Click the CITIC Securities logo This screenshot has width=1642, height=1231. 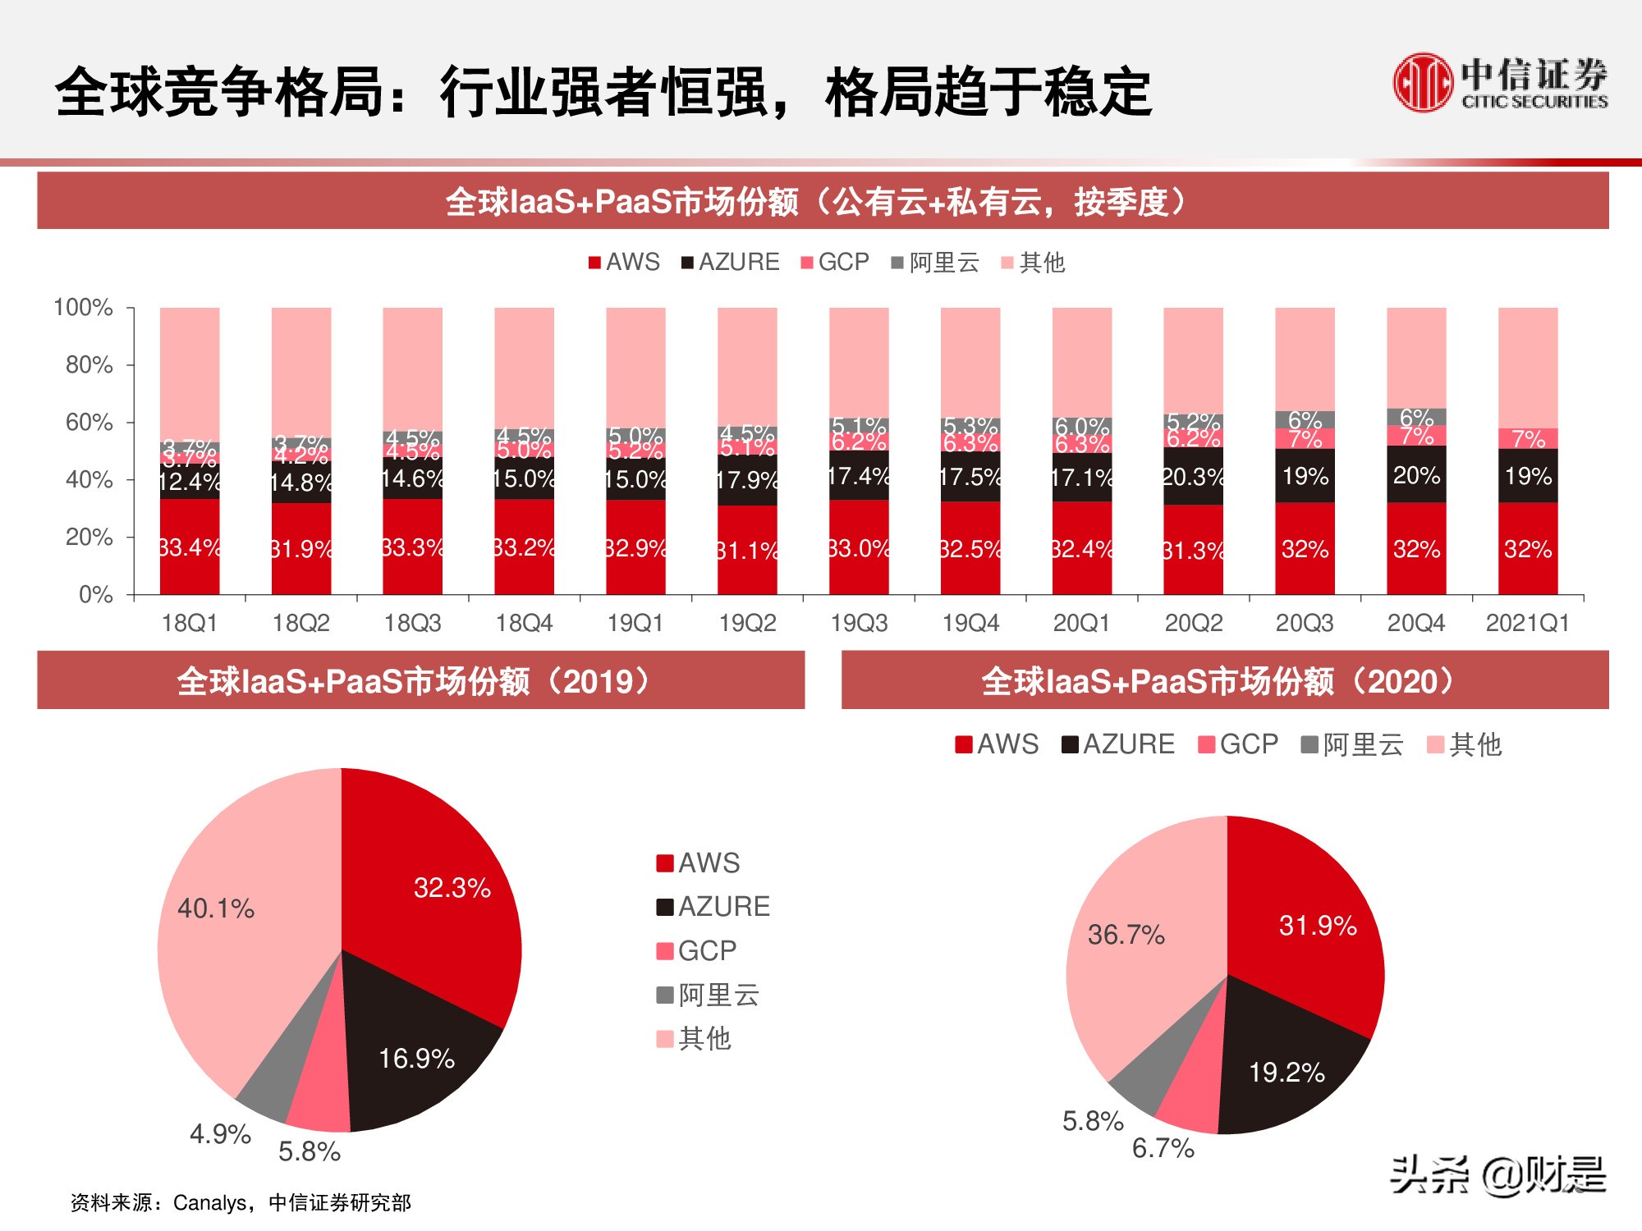pyautogui.click(x=1499, y=82)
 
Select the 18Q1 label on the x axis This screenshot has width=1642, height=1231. pyautogui.click(x=190, y=623)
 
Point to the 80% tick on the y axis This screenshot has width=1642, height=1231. pyautogui.click(x=89, y=364)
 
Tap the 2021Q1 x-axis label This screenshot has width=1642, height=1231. pyautogui.click(x=1527, y=623)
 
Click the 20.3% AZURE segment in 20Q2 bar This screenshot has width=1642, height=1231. pyautogui.click(x=1193, y=476)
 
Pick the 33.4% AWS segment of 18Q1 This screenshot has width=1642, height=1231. pyautogui.click(x=190, y=547)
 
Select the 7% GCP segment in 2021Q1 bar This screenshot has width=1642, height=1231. pyautogui.click(x=1528, y=439)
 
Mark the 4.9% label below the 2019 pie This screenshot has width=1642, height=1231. pyautogui.click(x=220, y=1133)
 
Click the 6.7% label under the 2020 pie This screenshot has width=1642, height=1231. pyautogui.click(x=1163, y=1148)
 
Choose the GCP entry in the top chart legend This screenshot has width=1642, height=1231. pyautogui.click(x=835, y=262)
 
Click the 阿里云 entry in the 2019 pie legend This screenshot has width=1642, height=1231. pyautogui.click(x=709, y=995)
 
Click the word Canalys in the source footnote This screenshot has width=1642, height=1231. pyautogui.click(x=210, y=1203)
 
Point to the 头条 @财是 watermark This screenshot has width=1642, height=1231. pyautogui.click(x=1498, y=1175)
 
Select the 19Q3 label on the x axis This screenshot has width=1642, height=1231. pyautogui.click(x=859, y=623)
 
